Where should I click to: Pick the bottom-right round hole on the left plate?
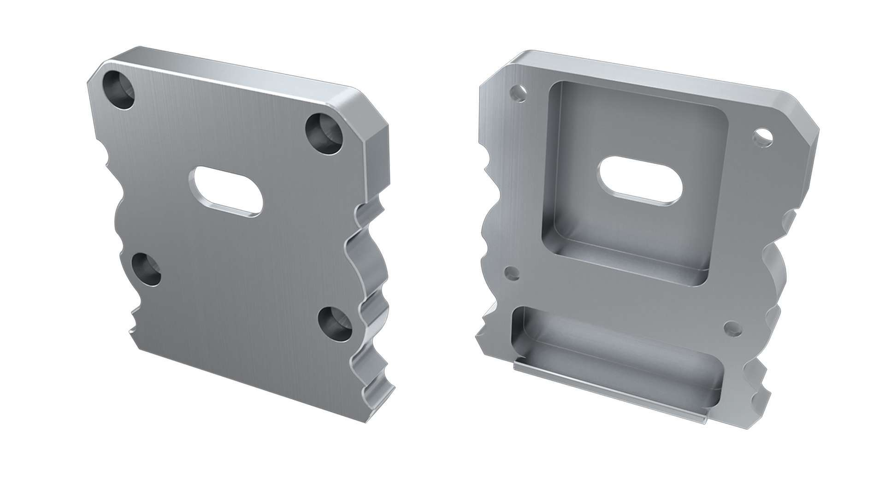point(335,324)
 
